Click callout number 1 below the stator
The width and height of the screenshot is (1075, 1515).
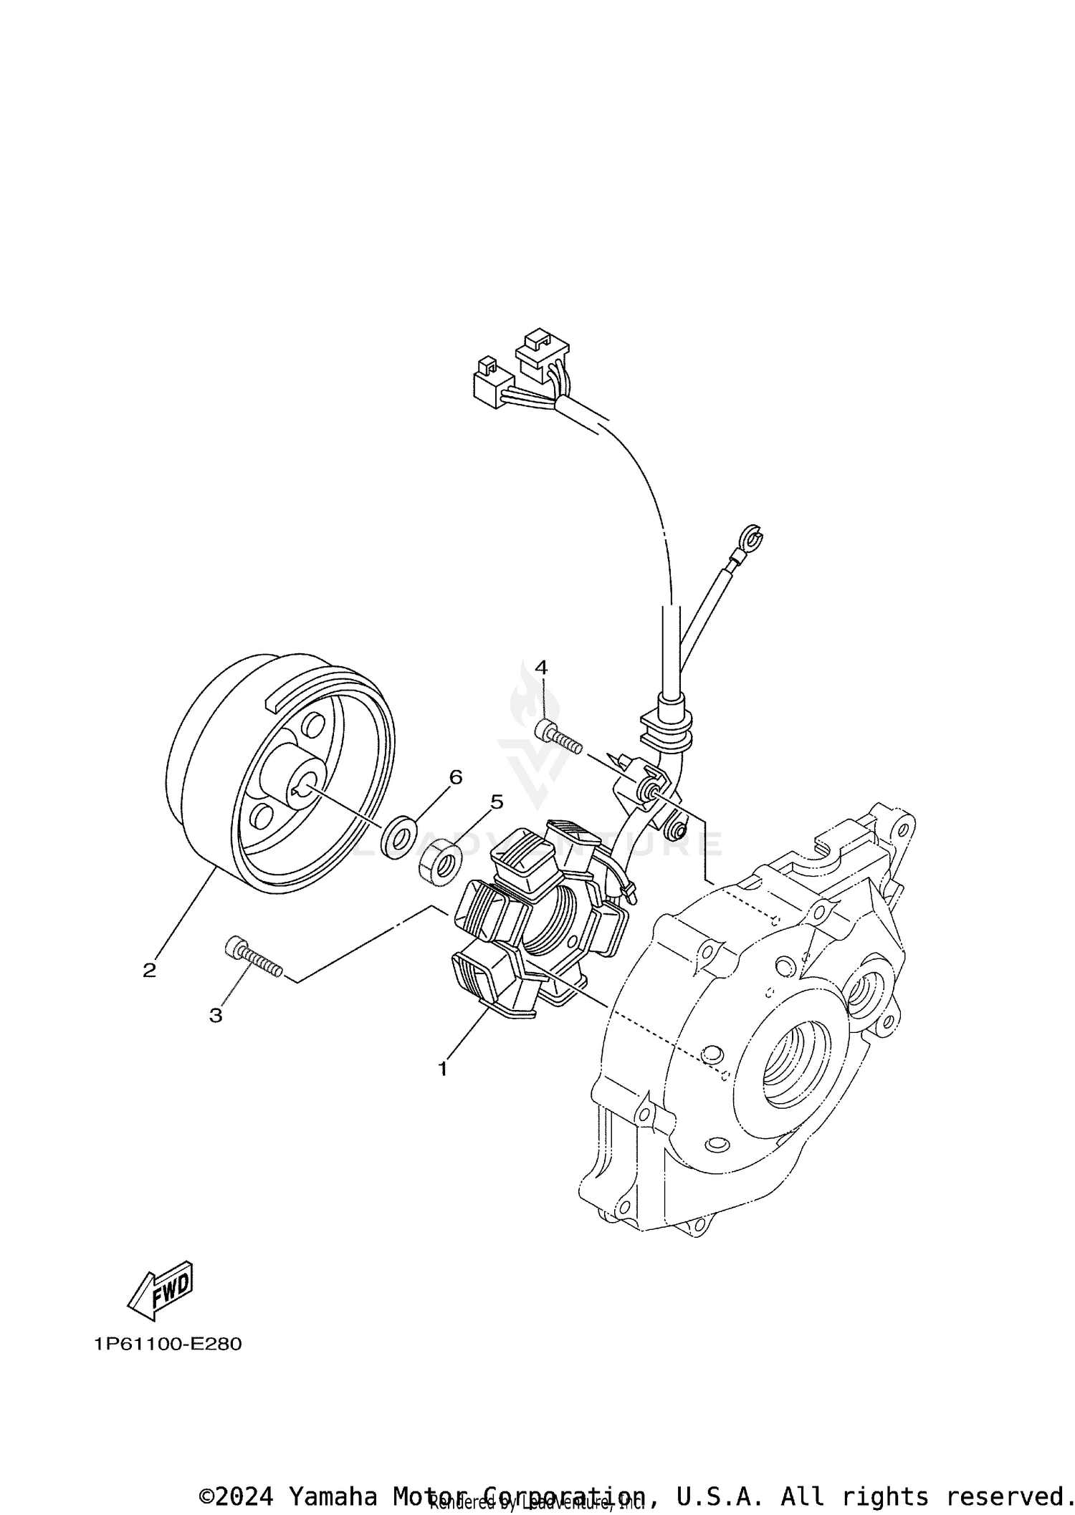click(x=443, y=1089)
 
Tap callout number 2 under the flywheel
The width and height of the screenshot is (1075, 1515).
click(x=149, y=971)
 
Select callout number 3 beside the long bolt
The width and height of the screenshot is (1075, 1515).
click(x=216, y=1015)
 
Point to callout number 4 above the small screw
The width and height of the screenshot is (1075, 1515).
click(x=541, y=668)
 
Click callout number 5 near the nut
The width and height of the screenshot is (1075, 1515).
click(x=497, y=802)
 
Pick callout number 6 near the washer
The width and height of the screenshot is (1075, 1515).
click(x=456, y=777)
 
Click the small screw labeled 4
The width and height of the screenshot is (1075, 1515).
click(x=558, y=736)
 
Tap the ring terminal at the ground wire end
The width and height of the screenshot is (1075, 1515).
click(x=752, y=537)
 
